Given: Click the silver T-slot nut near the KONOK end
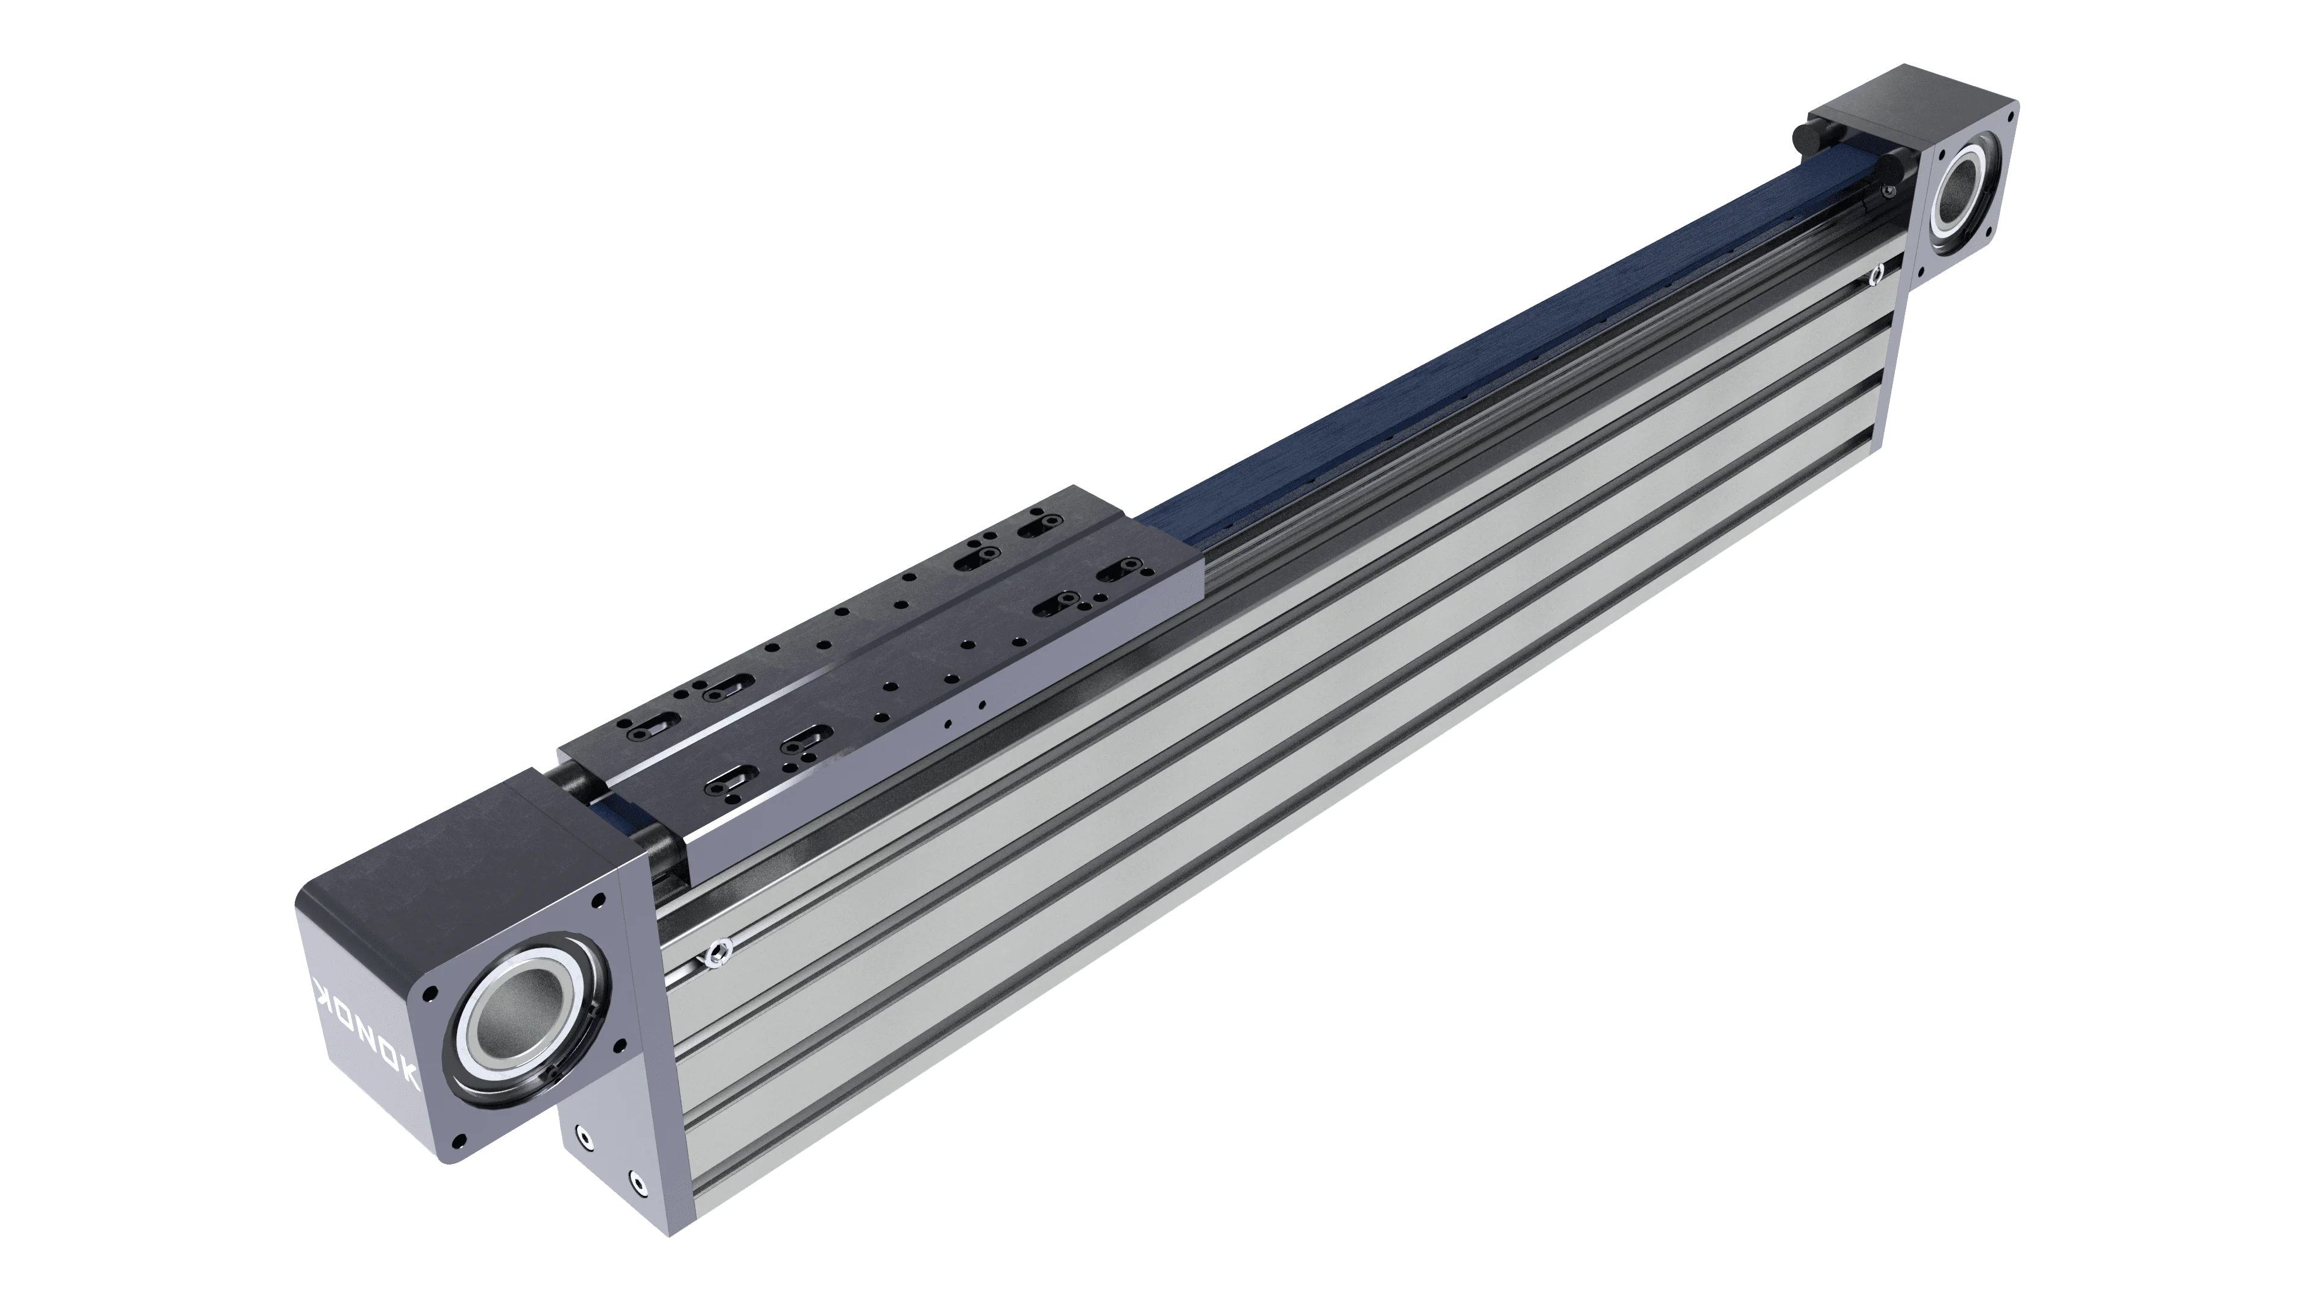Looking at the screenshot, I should click(716, 951).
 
